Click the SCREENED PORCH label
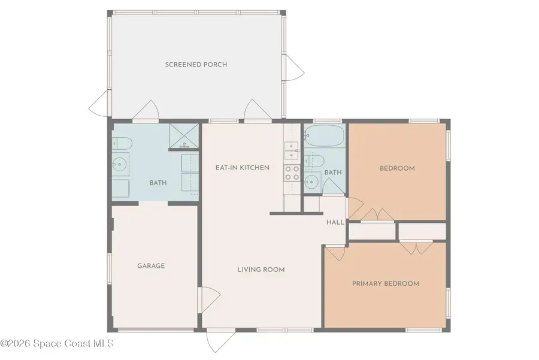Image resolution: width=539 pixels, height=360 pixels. pos(196,65)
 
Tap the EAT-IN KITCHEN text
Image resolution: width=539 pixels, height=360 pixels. pos(242,168)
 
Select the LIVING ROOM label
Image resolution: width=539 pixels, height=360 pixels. pos(261,270)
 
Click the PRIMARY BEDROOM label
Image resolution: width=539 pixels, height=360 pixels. pos(385,283)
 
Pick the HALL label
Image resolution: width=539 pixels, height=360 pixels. pos(335,222)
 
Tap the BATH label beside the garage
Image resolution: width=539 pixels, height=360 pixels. pos(158,183)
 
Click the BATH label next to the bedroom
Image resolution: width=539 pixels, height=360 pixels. pos(332,173)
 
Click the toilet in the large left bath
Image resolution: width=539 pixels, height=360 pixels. pos(122,144)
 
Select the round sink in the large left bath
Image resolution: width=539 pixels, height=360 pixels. pos(120,163)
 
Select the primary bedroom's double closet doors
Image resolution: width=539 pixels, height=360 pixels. pos(414,247)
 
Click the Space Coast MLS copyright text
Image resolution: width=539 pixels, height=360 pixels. pos(57,344)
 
